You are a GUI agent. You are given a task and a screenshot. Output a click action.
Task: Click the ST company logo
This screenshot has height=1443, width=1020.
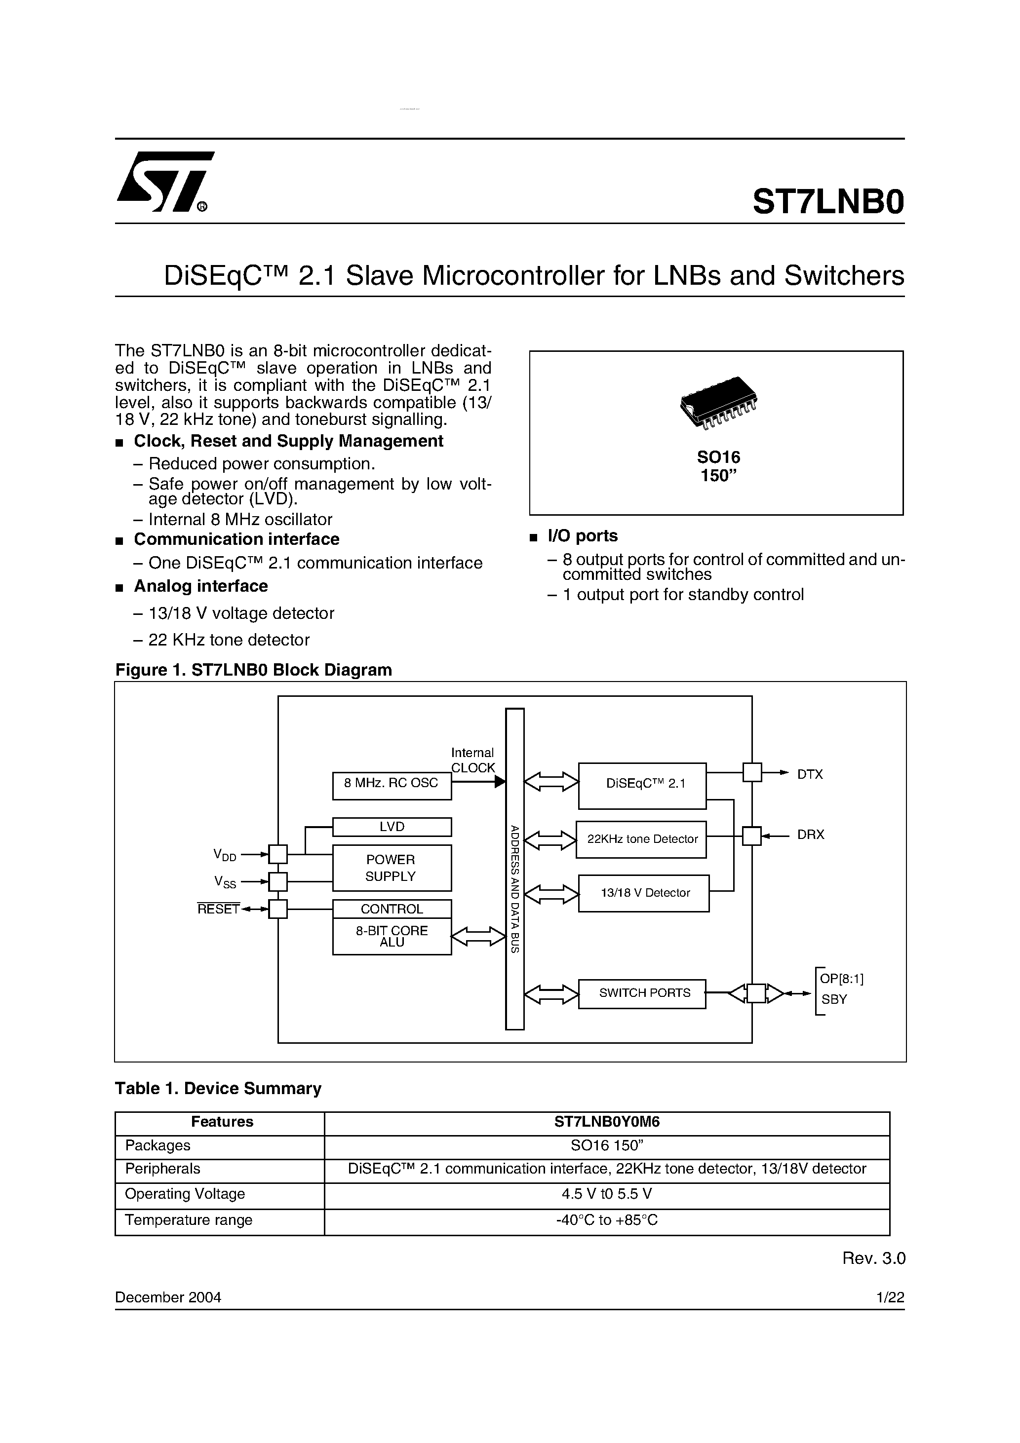point(165,182)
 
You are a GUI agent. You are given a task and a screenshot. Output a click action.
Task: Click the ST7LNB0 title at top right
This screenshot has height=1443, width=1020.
point(827,202)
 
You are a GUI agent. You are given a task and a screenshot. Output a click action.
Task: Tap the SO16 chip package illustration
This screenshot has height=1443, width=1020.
point(718,402)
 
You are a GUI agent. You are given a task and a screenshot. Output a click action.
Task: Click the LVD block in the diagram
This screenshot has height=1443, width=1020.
point(391,827)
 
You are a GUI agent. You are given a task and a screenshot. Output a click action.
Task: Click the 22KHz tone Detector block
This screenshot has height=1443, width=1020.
point(641,839)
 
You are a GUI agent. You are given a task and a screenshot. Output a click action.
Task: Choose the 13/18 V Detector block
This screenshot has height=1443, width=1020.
point(644,892)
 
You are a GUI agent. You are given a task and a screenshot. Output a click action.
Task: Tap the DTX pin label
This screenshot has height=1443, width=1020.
point(810,774)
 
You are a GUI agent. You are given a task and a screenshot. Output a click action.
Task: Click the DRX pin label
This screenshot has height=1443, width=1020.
point(810,835)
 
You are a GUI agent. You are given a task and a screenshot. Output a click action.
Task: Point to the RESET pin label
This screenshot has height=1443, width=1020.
point(218,909)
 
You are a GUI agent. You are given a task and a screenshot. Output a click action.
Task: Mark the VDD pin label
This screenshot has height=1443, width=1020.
point(225,855)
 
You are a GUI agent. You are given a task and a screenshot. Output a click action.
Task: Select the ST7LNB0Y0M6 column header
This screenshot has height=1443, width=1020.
point(607,1122)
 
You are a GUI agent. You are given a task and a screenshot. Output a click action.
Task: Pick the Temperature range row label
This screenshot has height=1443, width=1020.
point(189,1220)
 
